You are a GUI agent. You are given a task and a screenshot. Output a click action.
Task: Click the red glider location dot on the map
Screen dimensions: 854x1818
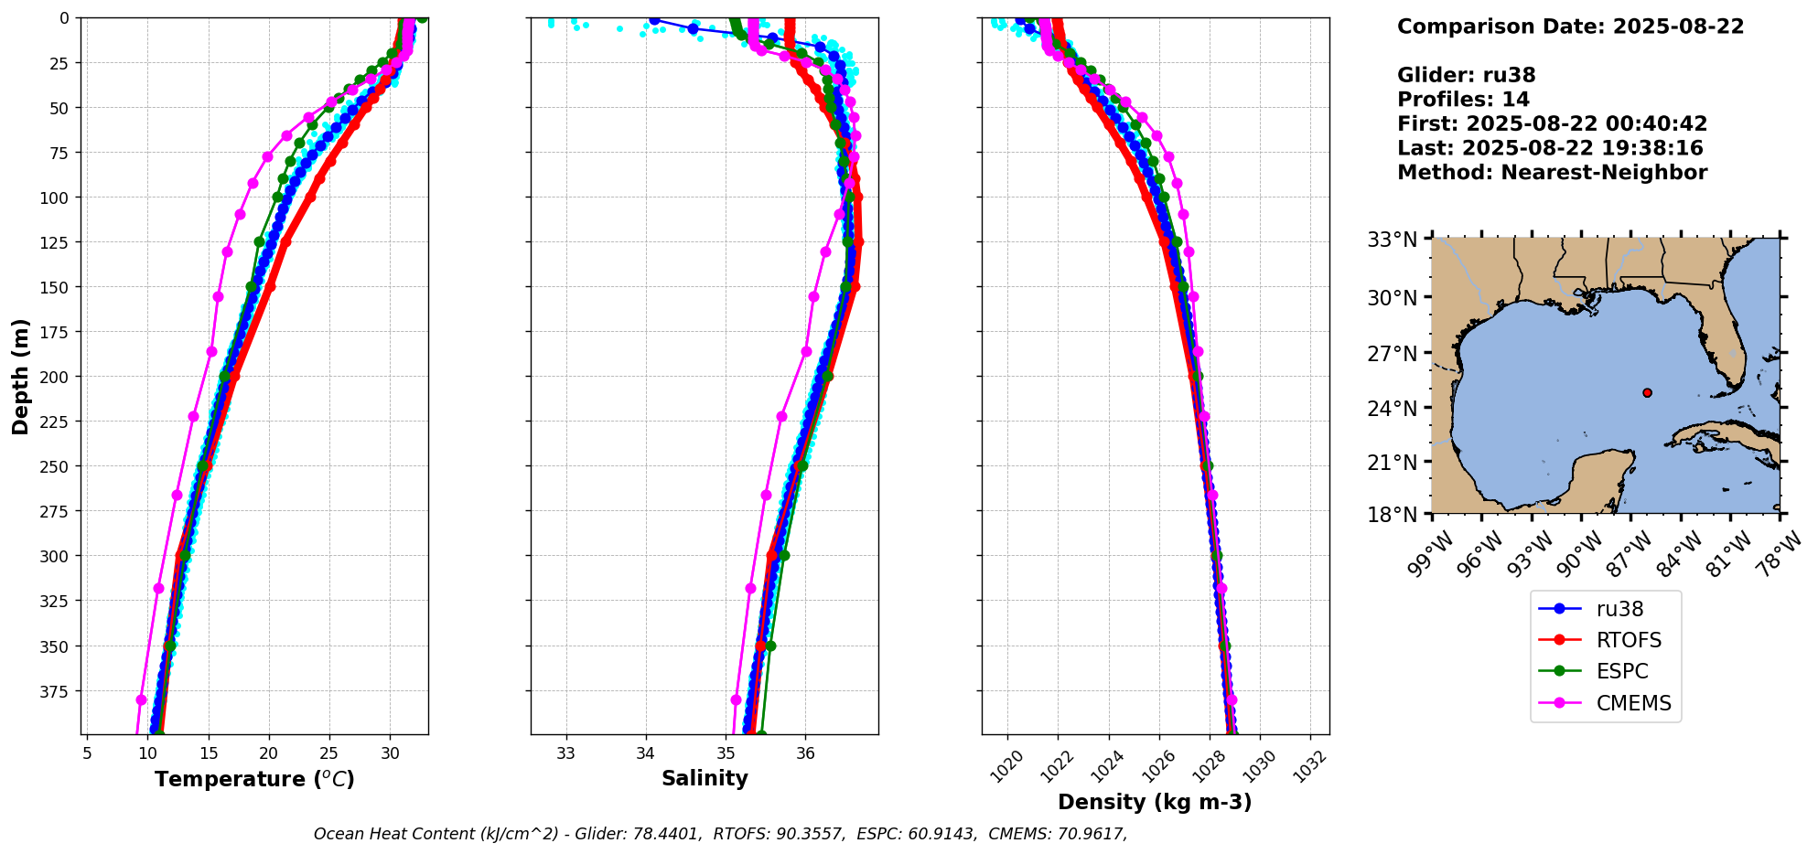1647,392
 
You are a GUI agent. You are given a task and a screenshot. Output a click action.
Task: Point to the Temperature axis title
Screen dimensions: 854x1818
254,779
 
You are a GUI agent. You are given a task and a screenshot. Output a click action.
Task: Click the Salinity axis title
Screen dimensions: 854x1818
705,778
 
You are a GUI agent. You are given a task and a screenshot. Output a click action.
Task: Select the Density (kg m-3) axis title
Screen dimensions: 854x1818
1155,802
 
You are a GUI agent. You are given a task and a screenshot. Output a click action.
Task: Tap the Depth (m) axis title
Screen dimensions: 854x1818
21,376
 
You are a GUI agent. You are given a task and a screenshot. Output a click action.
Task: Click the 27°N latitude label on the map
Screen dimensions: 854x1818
1392,353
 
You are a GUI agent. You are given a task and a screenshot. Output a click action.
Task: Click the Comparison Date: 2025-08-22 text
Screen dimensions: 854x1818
1570,27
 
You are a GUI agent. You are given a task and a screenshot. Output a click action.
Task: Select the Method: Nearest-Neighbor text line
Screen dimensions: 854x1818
1552,173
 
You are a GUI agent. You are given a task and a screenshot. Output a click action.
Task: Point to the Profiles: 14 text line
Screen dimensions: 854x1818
1463,100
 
